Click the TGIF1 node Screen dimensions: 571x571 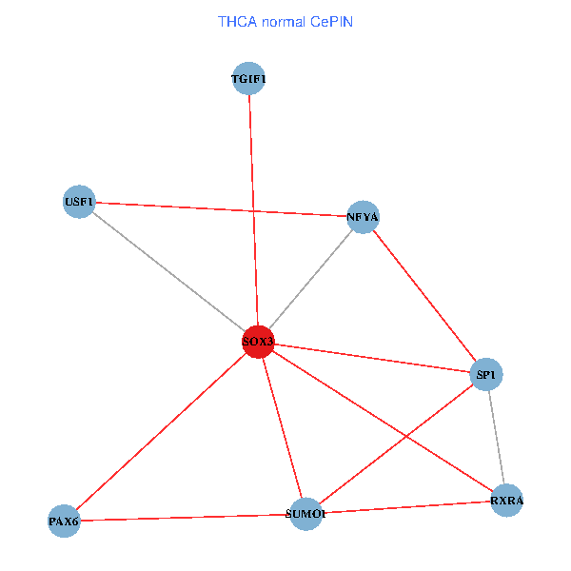click(x=248, y=79)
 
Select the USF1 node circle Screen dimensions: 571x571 click(x=79, y=202)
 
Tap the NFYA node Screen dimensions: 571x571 click(x=364, y=217)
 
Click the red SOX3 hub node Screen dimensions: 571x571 click(x=258, y=341)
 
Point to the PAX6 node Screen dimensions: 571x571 click(x=64, y=521)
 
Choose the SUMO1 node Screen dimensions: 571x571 click(x=305, y=514)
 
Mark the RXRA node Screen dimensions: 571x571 click(x=507, y=500)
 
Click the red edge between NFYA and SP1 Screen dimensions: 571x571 click(x=424, y=296)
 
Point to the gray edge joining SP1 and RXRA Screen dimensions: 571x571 click(x=497, y=438)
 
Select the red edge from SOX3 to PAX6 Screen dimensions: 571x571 click(x=161, y=430)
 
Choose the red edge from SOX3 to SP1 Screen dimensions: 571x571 click(x=372, y=358)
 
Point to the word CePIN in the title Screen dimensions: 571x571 click(x=330, y=20)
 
